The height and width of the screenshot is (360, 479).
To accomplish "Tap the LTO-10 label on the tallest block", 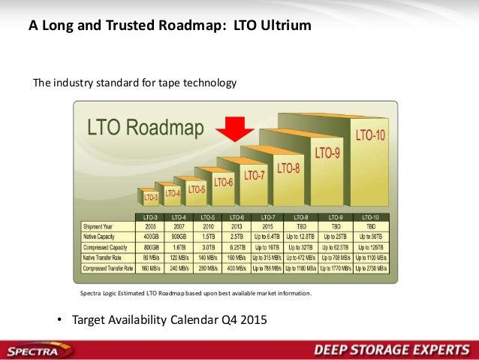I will point(371,136).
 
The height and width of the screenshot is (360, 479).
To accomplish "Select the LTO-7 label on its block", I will point(255,175).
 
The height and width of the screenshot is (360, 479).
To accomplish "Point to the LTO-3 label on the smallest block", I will point(150,198).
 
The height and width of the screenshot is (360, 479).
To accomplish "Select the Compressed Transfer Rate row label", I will point(107,267).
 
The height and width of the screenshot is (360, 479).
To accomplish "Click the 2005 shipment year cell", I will point(150,225).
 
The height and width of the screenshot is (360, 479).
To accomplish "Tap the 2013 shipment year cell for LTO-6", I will point(236,225).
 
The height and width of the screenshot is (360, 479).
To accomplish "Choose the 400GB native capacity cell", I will point(150,235).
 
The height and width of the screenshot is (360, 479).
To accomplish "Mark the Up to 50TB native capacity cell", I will point(370,235).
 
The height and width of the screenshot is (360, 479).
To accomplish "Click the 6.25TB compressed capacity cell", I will point(236,246).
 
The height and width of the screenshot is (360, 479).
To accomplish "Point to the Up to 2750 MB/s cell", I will point(370,267).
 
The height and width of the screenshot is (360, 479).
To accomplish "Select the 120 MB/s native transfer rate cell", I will point(177,256).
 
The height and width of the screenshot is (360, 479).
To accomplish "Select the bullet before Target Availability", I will point(61,320).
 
